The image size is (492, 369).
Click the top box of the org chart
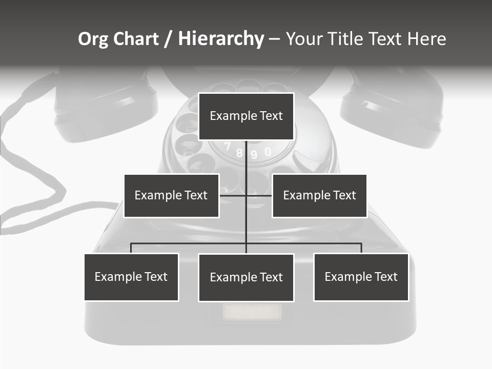[246, 116]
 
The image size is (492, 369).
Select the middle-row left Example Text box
[171, 195]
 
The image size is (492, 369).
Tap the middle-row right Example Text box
[319, 195]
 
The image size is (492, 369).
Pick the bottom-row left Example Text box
[131, 277]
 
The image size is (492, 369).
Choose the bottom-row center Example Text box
[246, 277]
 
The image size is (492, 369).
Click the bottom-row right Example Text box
[361, 277]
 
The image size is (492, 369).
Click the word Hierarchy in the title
[221, 39]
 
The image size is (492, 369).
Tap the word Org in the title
[94, 39]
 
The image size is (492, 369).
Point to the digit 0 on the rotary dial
[268, 152]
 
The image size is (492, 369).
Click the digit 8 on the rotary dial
[239, 153]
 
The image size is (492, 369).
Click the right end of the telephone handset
[392, 110]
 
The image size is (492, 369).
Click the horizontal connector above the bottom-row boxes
[307, 243]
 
